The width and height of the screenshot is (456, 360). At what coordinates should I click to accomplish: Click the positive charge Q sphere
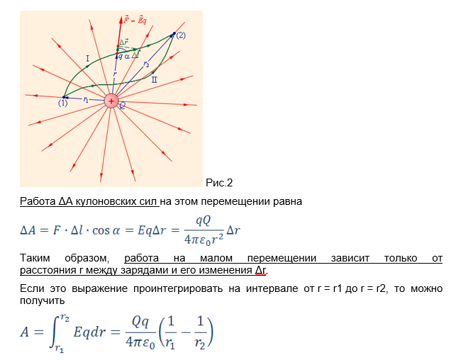pyautogui.click(x=111, y=101)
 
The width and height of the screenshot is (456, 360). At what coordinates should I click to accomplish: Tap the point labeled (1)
pyautogui.click(x=64, y=97)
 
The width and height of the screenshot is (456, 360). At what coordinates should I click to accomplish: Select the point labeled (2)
pyautogui.click(x=174, y=33)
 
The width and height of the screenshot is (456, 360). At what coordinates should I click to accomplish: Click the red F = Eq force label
pyautogui.click(x=135, y=21)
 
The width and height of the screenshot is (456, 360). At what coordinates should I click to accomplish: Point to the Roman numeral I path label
pyautogui.click(x=87, y=59)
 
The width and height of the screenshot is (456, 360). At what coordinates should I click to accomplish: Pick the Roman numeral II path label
pyautogui.click(x=154, y=79)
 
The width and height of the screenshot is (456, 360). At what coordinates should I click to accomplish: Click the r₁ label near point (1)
pyautogui.click(x=86, y=100)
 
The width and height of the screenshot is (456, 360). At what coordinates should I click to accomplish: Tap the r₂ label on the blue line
pyautogui.click(x=146, y=64)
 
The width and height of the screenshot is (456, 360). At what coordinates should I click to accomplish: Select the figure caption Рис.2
pyautogui.click(x=219, y=183)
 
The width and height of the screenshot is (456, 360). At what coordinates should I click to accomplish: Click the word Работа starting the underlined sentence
pyautogui.click(x=38, y=201)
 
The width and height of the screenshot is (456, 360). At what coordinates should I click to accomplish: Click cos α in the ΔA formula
pyautogui.click(x=106, y=230)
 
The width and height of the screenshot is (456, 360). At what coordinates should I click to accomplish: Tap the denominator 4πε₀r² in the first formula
pyautogui.click(x=204, y=240)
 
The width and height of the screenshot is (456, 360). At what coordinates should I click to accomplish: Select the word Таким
pyautogui.click(x=35, y=258)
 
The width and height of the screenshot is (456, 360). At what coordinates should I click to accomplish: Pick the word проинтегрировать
pyautogui.click(x=178, y=288)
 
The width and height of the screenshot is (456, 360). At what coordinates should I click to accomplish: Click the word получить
pyautogui.click(x=42, y=300)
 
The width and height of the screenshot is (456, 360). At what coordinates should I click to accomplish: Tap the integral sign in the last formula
pyautogui.click(x=55, y=332)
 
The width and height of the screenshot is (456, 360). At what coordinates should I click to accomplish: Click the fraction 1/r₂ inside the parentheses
pyautogui.click(x=200, y=332)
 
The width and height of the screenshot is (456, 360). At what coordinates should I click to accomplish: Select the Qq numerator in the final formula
pyautogui.click(x=140, y=322)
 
